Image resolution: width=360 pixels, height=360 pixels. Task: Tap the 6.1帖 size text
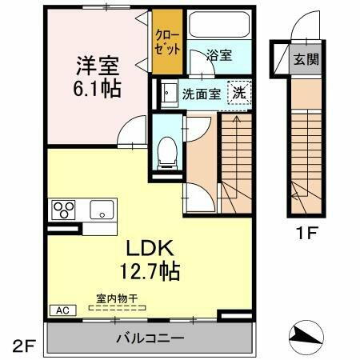(x=99, y=89)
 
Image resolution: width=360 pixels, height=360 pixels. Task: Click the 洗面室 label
(x=201, y=93)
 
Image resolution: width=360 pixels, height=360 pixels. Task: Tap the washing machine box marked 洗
(x=239, y=93)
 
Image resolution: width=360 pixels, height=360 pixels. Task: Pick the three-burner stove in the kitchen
(x=64, y=210)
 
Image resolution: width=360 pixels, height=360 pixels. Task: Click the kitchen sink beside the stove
(x=101, y=210)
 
